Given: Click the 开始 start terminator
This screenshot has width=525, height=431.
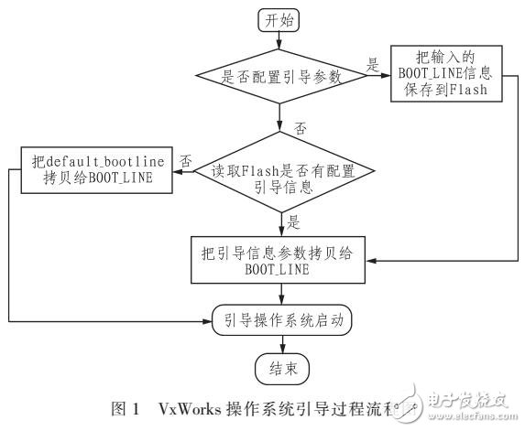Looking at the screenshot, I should point(281,19).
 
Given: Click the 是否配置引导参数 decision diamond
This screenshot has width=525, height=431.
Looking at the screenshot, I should point(281,77).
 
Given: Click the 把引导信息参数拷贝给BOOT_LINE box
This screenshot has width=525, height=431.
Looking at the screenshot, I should point(281,259).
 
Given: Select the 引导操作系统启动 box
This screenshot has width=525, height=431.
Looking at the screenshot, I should point(281,320).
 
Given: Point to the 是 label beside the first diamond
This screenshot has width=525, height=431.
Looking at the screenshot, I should point(372,64).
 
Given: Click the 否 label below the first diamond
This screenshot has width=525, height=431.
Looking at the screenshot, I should point(298,127).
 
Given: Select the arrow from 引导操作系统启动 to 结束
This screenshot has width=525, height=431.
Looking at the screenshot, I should point(281,344).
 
